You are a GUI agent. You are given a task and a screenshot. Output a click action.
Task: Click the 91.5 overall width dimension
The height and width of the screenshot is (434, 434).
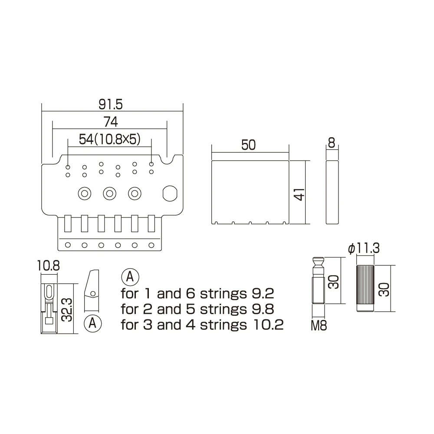pyautogui.click(x=112, y=104)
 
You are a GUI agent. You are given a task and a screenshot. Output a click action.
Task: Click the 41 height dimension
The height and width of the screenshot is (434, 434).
pyautogui.click(x=299, y=192)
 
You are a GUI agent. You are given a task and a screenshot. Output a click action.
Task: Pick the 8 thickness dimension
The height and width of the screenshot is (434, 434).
pyautogui.click(x=332, y=143)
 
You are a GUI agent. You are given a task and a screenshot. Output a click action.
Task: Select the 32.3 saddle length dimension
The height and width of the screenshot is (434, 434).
pyautogui.click(x=66, y=309)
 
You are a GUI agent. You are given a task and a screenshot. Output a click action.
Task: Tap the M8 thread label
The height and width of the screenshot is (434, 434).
pyautogui.click(x=319, y=325)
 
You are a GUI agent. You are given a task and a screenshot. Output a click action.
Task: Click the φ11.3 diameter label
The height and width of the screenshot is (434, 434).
pyautogui.click(x=364, y=249)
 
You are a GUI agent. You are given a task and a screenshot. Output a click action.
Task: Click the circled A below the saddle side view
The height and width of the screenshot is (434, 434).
pyautogui.click(x=93, y=323)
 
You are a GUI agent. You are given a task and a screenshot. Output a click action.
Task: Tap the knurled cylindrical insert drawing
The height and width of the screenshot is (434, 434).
pyautogui.click(x=365, y=288)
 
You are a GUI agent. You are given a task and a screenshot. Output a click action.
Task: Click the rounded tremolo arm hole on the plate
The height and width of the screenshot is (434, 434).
pyautogui.click(x=169, y=193)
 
